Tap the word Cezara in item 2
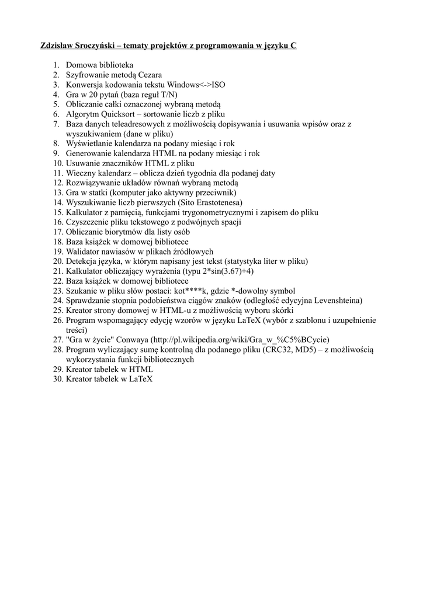[x=147, y=74]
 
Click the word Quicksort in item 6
[x=122, y=114]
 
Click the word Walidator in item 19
[x=84, y=252]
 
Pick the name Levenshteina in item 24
[x=337, y=301]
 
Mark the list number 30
[x=57, y=379]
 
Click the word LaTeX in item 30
[x=140, y=379]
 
